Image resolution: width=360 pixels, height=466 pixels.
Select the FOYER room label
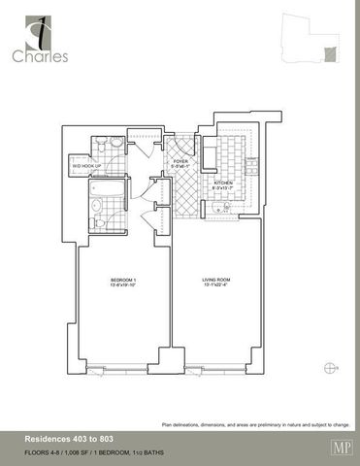181,161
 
